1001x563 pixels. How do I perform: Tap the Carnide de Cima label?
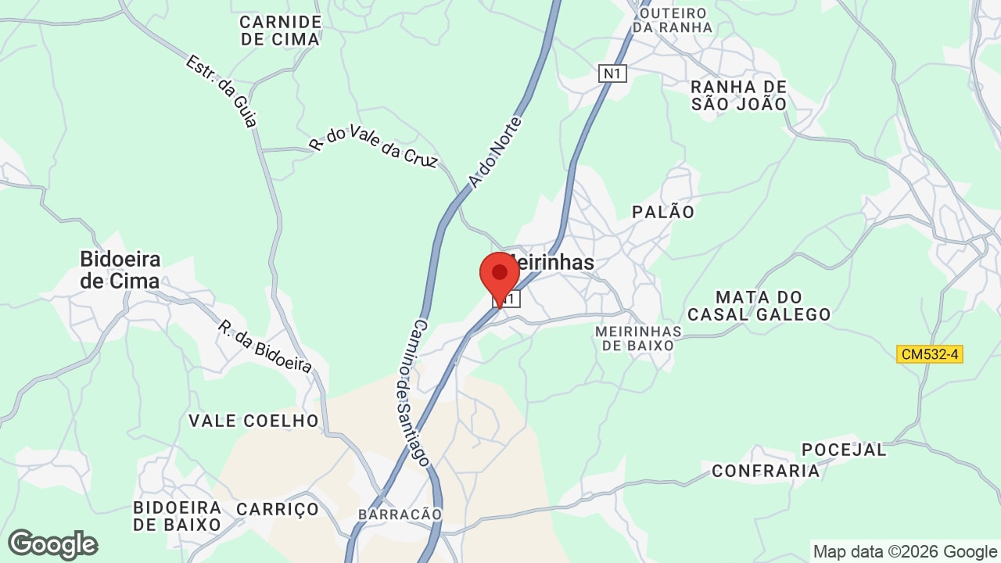281,30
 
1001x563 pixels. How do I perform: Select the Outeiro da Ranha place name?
673,20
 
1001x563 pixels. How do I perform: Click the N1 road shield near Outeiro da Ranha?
613,74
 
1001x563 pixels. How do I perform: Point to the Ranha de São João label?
738,95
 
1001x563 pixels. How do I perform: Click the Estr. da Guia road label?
221,91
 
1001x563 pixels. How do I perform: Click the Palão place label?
663,212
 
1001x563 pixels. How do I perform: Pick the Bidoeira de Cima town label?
120,270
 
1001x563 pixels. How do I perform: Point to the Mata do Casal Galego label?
759,306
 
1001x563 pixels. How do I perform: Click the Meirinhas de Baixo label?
638,338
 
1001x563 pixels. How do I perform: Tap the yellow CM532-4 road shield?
929,354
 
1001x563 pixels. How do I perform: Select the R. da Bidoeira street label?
265,346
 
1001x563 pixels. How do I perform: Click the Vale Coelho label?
254,421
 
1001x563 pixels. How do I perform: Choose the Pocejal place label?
844,450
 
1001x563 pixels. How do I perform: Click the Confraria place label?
766,470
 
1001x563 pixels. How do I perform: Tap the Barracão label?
400,514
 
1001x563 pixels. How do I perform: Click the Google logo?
53,544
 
